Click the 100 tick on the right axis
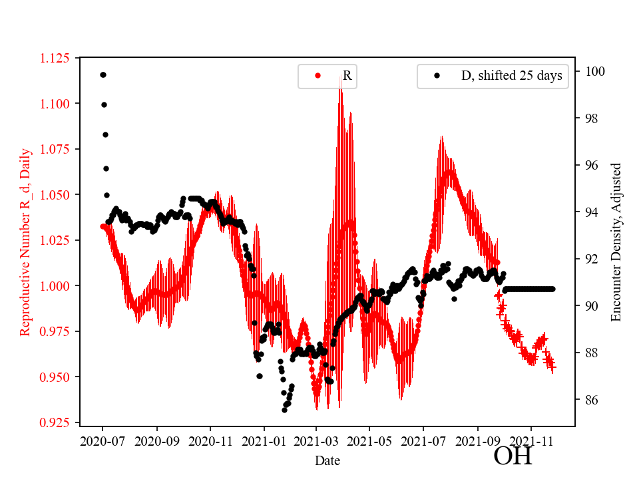[x=589, y=71]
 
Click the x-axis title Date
[x=327, y=460]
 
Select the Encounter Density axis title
[x=616, y=242]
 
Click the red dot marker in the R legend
[x=318, y=76]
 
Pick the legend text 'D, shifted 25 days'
[x=511, y=76]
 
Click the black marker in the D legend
[x=437, y=76]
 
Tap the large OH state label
[x=513, y=456]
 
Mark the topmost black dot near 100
[x=103, y=75]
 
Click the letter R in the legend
[x=347, y=76]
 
